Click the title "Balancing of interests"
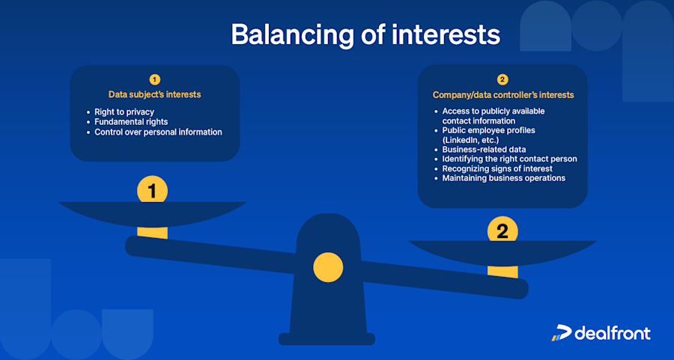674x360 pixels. click(x=365, y=34)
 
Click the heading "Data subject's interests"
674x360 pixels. click(x=154, y=95)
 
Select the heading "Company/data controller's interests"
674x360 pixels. click(x=503, y=95)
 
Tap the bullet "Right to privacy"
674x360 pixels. click(x=124, y=112)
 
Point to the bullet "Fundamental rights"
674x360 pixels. click(x=131, y=121)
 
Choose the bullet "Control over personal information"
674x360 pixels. click(x=158, y=132)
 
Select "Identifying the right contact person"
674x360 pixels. click(x=509, y=159)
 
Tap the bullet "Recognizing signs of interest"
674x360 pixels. click(x=497, y=168)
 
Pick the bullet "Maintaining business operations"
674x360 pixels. click(x=503, y=178)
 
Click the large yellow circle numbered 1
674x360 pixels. click(x=152, y=190)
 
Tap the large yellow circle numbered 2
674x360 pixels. click(x=503, y=230)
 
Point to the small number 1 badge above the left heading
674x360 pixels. click(x=154, y=79)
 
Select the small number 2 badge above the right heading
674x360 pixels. click(x=503, y=79)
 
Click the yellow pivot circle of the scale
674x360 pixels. click(x=327, y=267)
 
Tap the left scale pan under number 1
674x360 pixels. click(x=152, y=213)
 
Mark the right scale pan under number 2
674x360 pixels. click(x=503, y=252)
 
